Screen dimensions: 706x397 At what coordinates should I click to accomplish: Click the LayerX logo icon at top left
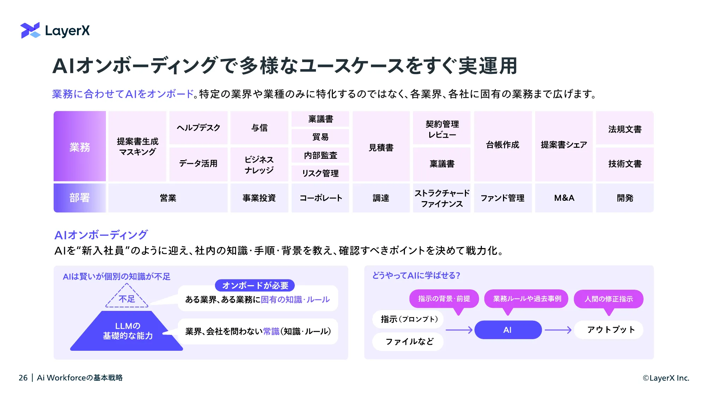pos(30,30)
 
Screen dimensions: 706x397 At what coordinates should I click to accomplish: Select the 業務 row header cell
pos(80,146)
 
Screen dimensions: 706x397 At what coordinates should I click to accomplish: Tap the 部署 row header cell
pos(80,198)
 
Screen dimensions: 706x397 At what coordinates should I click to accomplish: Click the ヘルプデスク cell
pos(198,127)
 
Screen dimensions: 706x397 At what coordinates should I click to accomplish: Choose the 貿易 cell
pos(320,137)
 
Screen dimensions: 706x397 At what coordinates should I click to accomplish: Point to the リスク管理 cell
pos(320,173)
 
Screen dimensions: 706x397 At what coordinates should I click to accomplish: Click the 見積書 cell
pos(381,146)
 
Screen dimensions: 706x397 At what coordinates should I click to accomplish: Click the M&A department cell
pos(564,198)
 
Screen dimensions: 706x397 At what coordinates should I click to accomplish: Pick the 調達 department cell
pos(381,198)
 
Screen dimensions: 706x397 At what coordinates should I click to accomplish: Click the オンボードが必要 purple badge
pos(255,285)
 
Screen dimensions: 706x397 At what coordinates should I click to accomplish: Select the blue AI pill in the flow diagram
pos(508,330)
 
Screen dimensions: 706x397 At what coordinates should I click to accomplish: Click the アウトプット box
pos(609,330)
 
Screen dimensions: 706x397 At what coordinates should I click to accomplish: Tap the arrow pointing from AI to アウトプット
pos(558,330)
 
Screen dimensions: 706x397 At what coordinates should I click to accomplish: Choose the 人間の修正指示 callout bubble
pos(609,300)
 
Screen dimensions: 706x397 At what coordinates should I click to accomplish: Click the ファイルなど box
pos(408,342)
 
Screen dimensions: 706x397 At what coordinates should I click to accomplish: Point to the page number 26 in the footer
pos(23,378)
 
